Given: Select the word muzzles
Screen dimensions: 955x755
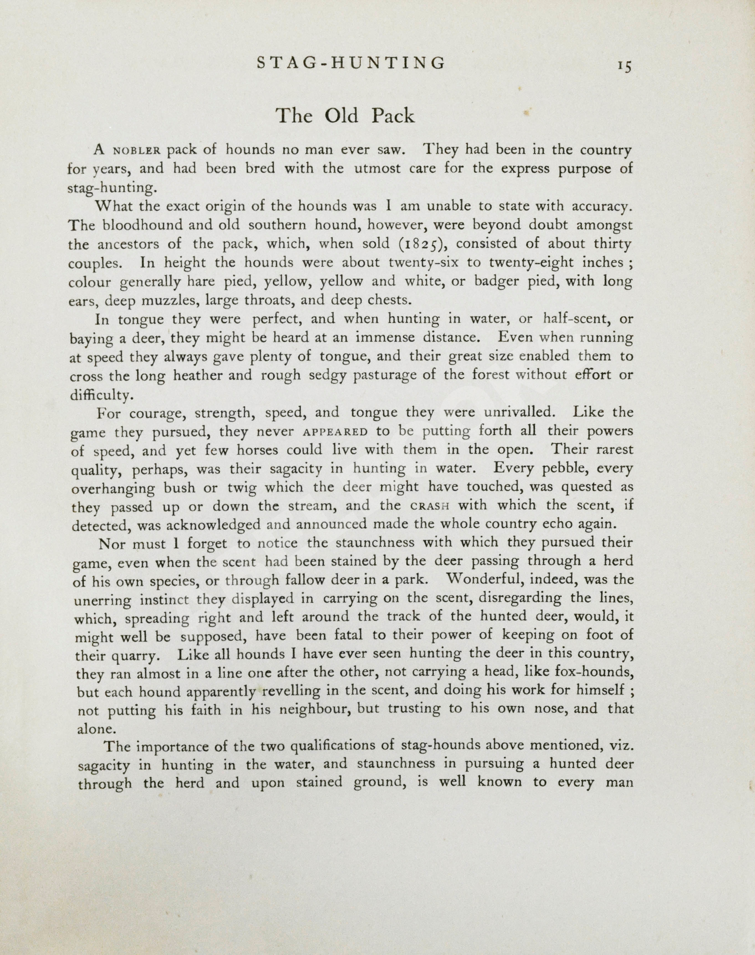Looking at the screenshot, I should click(x=166, y=301).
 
